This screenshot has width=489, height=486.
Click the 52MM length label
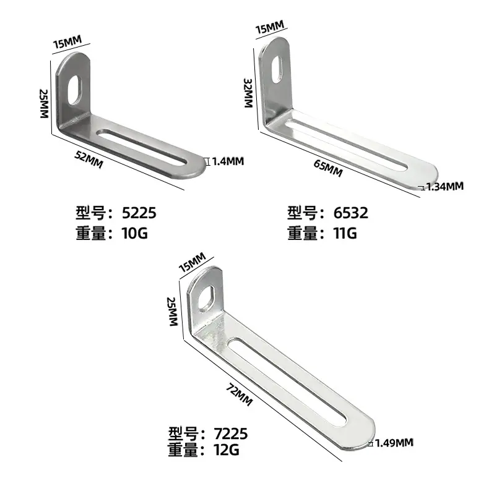pyautogui.click(x=89, y=159)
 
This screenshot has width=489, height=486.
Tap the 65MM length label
pyautogui.click(x=328, y=168)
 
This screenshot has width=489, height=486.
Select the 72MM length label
pyautogui.click(x=239, y=395)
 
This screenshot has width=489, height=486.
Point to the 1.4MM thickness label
pyautogui.click(x=228, y=161)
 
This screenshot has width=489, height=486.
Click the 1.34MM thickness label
pyautogui.click(x=444, y=187)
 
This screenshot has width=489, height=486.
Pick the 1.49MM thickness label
pyautogui.click(x=394, y=443)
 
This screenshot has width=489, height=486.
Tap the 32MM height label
pyautogui.click(x=248, y=93)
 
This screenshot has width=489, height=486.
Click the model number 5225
pyautogui.click(x=139, y=213)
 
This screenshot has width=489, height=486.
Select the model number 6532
pyautogui.click(x=350, y=213)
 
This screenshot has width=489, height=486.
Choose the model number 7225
pyautogui.click(x=231, y=433)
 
